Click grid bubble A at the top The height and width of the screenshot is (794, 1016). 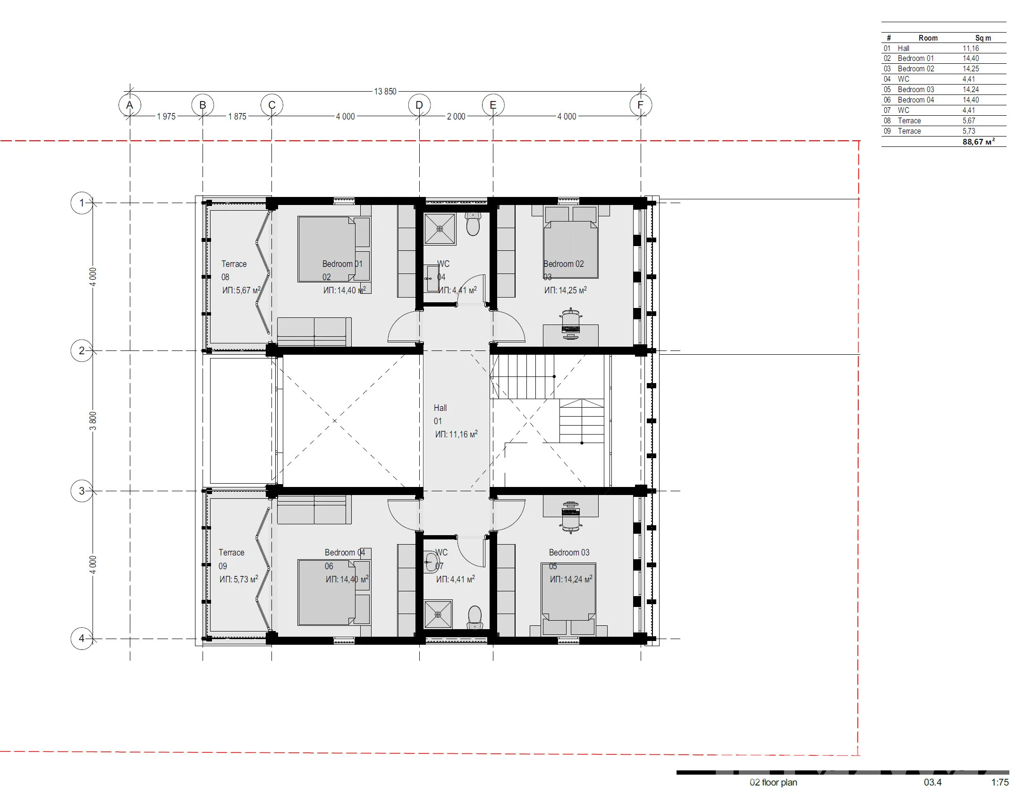click(x=130, y=105)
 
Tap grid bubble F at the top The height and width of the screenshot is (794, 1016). click(x=641, y=105)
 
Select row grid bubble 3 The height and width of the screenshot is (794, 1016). click(x=82, y=491)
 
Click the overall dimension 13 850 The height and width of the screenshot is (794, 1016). click(x=385, y=91)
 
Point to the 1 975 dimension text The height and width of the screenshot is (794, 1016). click(x=166, y=116)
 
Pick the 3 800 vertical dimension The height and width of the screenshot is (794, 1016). click(x=93, y=421)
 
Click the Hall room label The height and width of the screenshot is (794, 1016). click(x=440, y=408)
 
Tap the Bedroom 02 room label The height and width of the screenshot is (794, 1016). click(x=564, y=264)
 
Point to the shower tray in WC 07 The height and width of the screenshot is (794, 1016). click(x=438, y=615)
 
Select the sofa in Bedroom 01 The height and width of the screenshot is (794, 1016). click(x=314, y=332)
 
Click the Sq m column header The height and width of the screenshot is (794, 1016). click(x=983, y=38)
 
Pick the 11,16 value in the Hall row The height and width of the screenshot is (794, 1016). click(x=971, y=48)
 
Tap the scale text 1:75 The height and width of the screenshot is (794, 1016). click(x=1000, y=782)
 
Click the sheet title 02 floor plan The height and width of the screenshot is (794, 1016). click(x=773, y=782)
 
